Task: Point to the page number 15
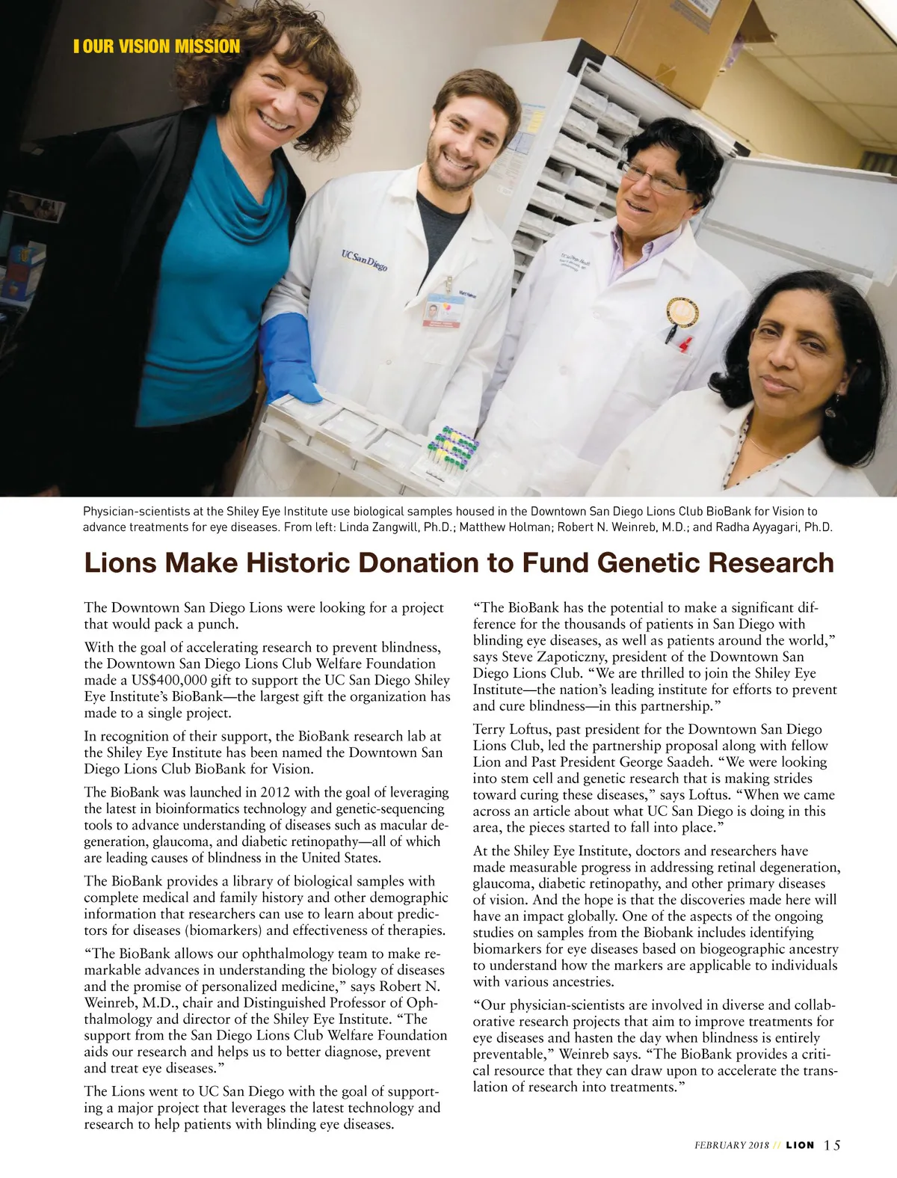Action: [833, 1145]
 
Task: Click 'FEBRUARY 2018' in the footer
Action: [730, 1146]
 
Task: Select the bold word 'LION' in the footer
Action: [801, 1146]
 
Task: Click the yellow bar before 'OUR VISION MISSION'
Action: [76, 46]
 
